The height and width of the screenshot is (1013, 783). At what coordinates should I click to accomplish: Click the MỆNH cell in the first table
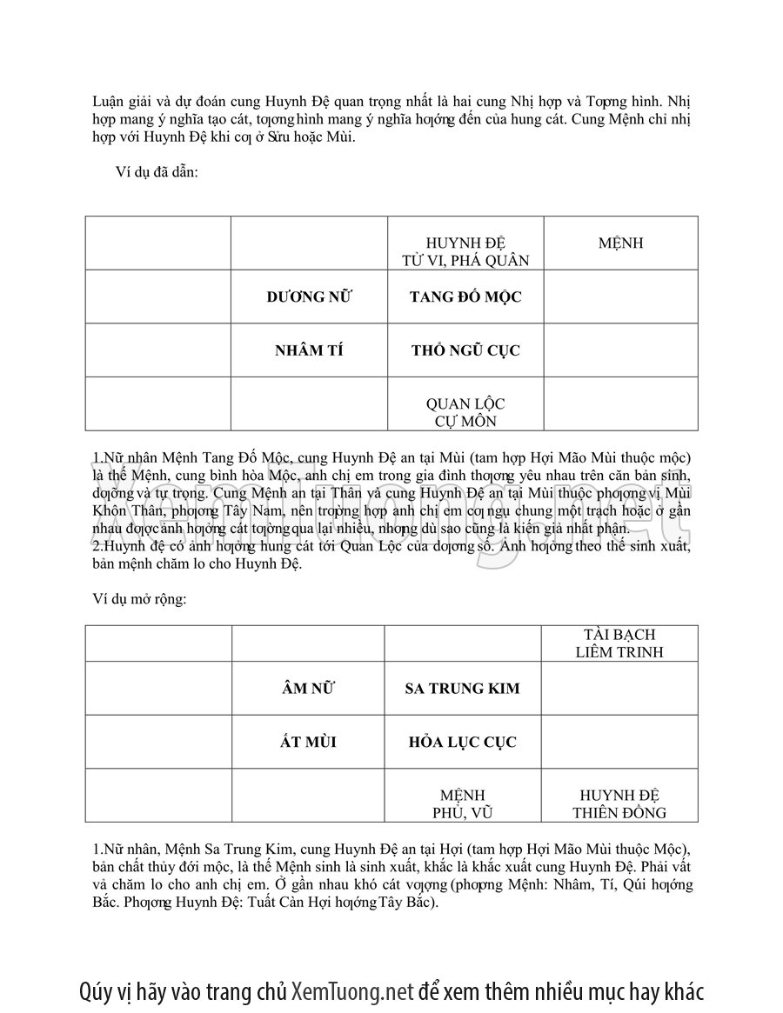[620, 243]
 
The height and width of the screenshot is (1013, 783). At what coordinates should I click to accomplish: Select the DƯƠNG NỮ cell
[309, 297]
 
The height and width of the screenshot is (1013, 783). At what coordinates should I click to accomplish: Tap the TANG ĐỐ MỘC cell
[465, 297]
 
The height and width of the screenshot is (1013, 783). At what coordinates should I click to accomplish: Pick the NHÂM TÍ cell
[309, 350]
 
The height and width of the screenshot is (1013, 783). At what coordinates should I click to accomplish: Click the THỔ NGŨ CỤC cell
[465, 350]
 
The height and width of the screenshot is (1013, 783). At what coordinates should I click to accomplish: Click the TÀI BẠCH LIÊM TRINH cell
[619, 643]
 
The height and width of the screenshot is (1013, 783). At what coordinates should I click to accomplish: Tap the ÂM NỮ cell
[308, 688]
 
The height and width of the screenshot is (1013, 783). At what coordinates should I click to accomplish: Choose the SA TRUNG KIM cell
[462, 688]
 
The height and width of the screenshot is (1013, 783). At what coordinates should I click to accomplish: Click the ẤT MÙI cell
[308, 742]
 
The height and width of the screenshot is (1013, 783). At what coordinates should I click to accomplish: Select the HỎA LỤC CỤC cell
[462, 742]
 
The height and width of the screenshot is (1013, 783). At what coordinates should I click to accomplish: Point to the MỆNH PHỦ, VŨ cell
[462, 804]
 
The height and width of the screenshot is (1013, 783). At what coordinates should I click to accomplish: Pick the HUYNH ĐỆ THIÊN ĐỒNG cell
[619, 804]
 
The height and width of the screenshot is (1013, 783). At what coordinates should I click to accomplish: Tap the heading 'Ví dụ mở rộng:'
[139, 599]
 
